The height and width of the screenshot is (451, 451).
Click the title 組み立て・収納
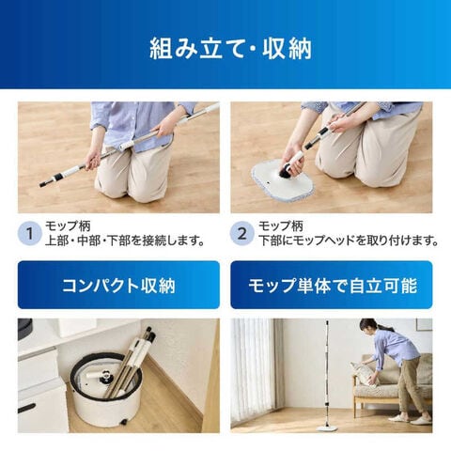(230, 49)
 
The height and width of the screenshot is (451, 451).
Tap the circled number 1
(30, 234)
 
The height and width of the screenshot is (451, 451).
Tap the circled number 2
(242, 234)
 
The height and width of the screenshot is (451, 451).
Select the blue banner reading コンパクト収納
(118, 285)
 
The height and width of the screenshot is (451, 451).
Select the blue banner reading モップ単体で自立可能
(332, 285)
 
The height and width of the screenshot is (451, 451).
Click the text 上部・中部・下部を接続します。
(125, 241)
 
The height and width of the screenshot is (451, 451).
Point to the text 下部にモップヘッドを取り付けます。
(349, 241)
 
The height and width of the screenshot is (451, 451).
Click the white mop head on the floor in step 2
(282, 181)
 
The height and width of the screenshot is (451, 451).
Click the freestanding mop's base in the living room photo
(326, 428)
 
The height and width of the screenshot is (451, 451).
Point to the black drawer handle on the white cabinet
(26, 408)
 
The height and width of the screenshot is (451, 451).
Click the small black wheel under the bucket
(124, 422)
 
